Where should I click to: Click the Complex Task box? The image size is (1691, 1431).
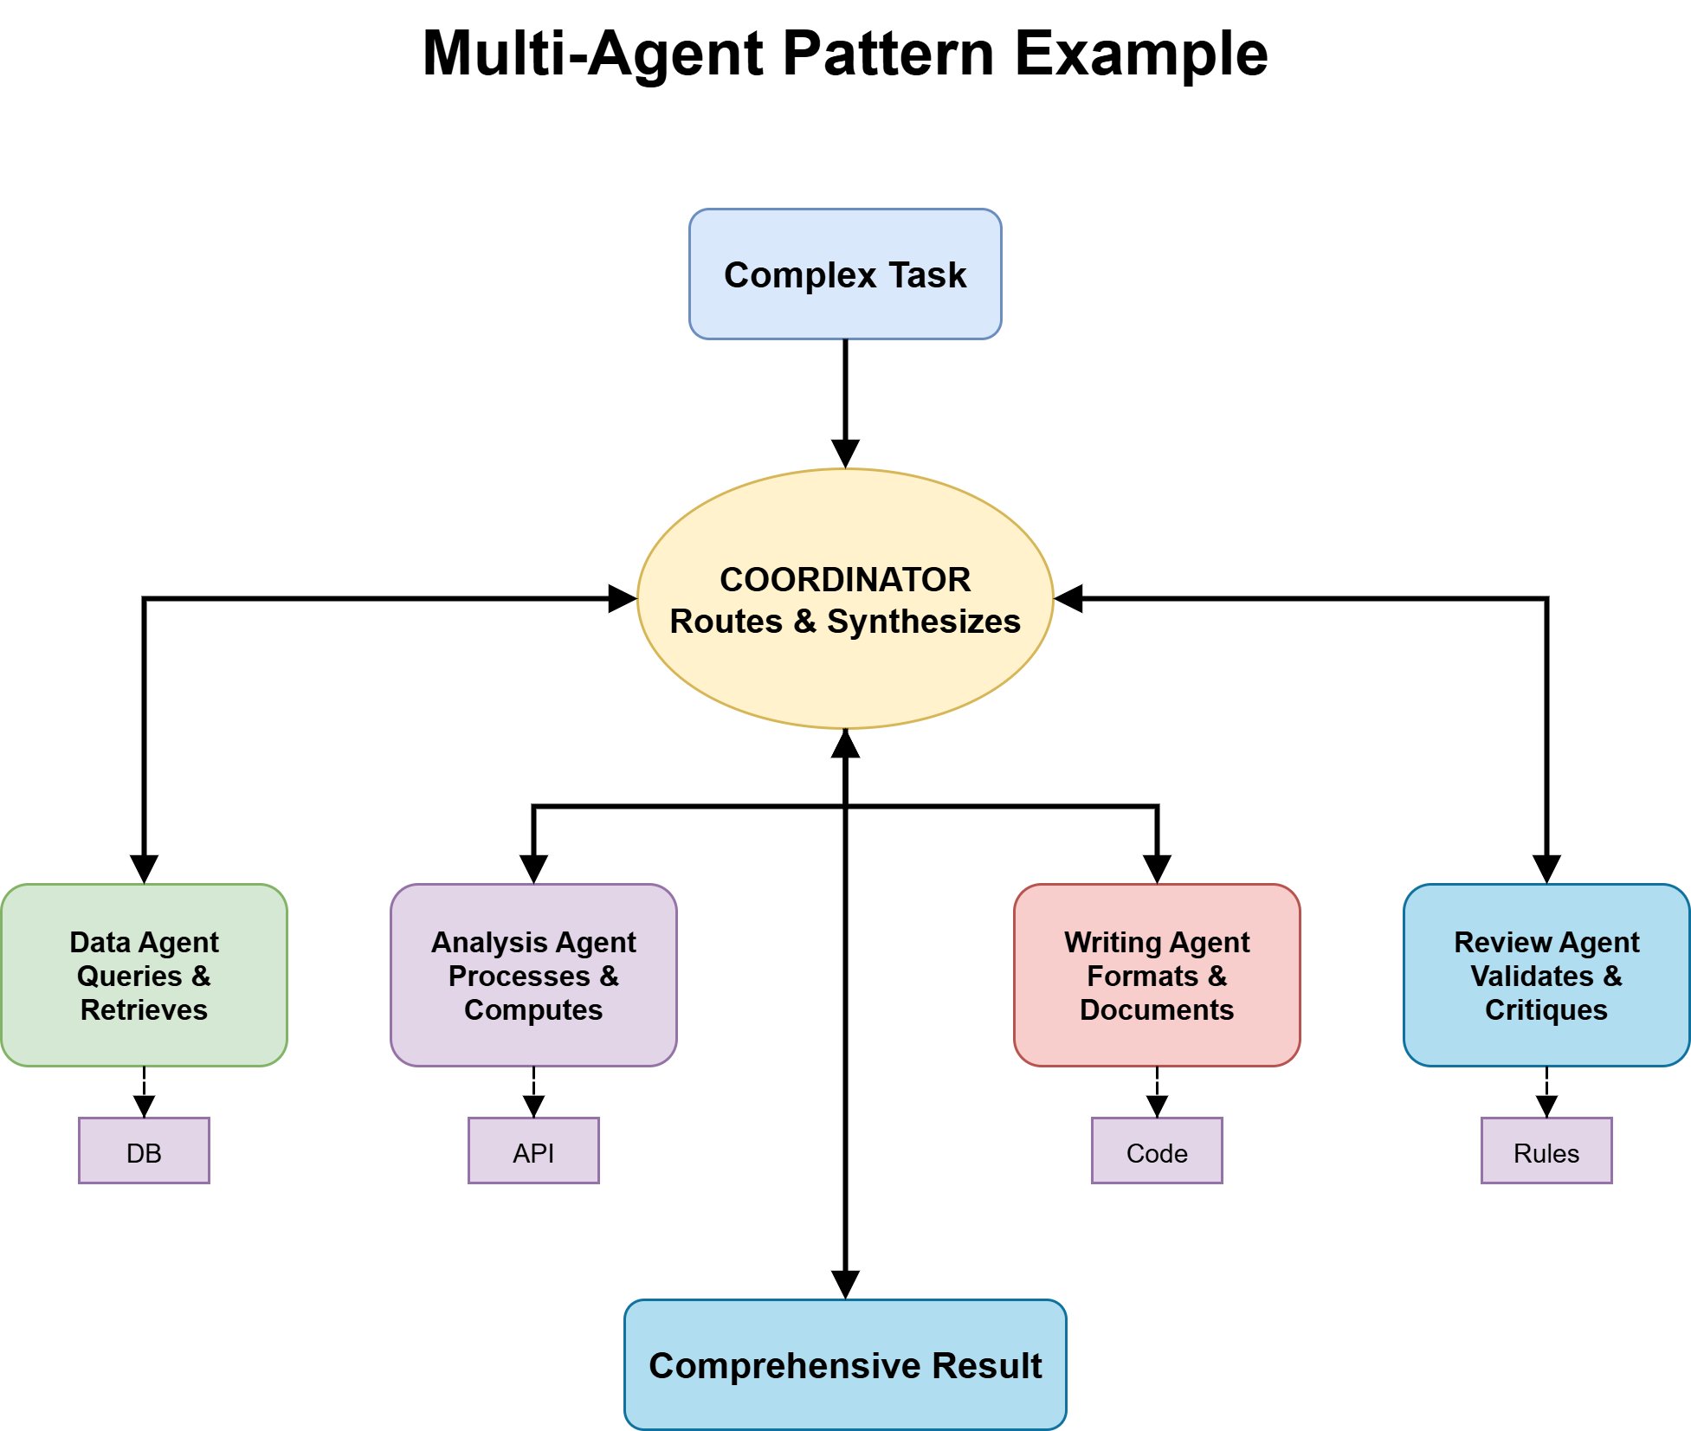845,274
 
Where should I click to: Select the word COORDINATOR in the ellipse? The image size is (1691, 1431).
845,579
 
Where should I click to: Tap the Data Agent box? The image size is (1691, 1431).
144,975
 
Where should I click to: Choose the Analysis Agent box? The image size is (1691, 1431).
533,975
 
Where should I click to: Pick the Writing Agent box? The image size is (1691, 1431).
1157,975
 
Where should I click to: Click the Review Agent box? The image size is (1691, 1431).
1546,975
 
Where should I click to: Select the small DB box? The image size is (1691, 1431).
144,1151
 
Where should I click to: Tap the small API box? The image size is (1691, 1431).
533,1151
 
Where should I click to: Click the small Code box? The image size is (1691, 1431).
1157,1151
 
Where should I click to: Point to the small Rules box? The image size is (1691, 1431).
1546,1151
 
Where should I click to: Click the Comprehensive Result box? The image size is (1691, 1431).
845,1364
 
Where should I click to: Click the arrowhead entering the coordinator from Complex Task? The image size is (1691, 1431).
845,454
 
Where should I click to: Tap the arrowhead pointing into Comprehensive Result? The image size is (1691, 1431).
845,1285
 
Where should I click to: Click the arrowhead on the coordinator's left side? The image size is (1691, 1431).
622,598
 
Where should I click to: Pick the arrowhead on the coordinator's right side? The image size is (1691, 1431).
1069,598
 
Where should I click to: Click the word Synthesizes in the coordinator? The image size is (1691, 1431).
923,622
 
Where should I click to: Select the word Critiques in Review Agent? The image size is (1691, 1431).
1546,1009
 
